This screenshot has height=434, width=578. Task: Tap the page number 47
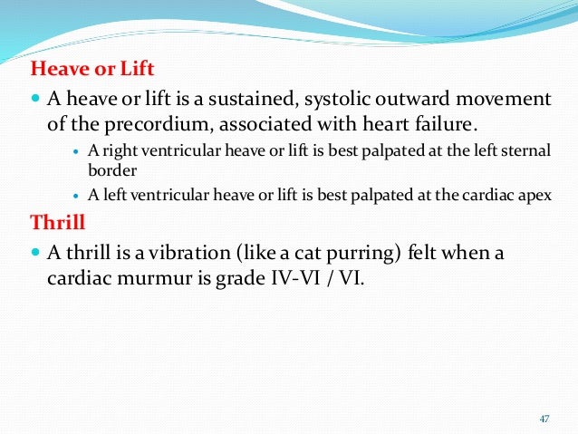544,418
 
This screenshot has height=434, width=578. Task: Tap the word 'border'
110,169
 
